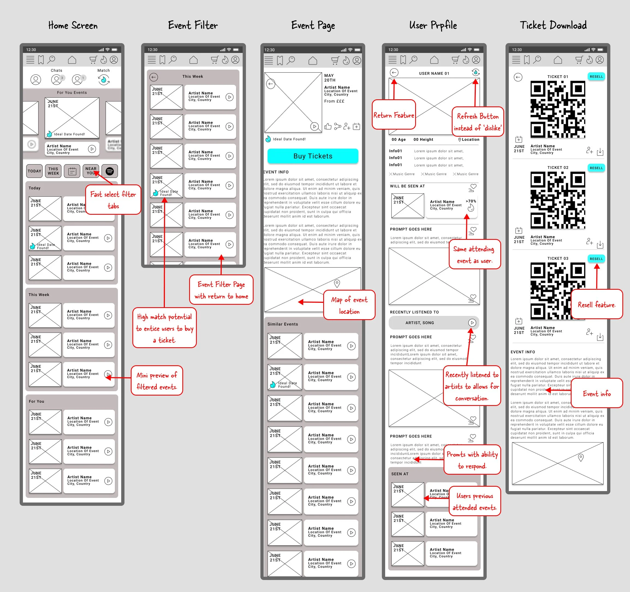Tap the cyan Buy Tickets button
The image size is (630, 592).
[x=313, y=156]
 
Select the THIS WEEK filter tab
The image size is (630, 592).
[x=53, y=171]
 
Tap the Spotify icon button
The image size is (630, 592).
[x=110, y=171]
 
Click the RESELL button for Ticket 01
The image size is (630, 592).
[x=596, y=77]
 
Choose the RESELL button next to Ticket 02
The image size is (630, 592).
[x=596, y=168]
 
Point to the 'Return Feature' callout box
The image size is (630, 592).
[x=394, y=115]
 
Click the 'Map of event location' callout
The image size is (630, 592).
[x=349, y=305]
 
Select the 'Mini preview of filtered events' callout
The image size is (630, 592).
[x=157, y=381]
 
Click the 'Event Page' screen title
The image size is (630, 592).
[x=313, y=25]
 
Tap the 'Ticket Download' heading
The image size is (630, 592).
[x=553, y=25]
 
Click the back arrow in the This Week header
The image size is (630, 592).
[x=154, y=77]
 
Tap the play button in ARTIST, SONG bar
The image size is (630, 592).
[x=472, y=322]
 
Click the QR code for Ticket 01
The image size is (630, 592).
[x=558, y=109]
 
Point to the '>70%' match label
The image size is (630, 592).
[x=471, y=201]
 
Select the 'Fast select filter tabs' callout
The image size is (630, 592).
[x=113, y=200]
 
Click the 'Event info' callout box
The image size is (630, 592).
[x=596, y=393]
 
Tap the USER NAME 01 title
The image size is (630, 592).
[x=434, y=73]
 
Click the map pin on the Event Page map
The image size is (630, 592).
[x=337, y=283]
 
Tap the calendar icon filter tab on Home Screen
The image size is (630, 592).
[x=72, y=171]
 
